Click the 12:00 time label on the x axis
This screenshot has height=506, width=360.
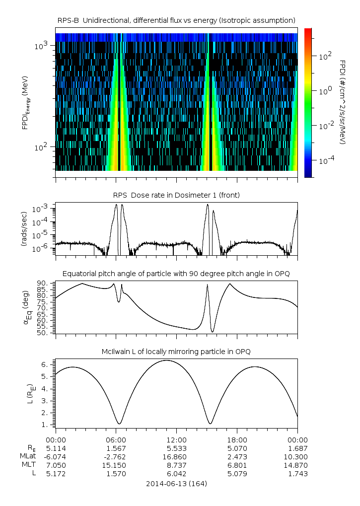176,439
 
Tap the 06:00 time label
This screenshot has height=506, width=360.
116,439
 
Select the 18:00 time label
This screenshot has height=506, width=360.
237,439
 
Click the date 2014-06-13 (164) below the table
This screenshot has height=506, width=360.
176,483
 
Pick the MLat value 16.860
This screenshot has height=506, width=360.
176,456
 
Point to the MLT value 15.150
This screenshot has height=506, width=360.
116,465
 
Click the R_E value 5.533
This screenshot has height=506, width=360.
176,448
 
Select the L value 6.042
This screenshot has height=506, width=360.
176,473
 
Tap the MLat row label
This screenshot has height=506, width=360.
28,456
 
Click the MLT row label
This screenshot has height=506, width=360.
29,465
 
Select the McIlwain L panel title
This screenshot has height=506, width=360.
176,352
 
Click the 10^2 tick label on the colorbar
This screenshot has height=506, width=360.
325,56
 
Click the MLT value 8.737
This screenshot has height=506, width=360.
176,465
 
